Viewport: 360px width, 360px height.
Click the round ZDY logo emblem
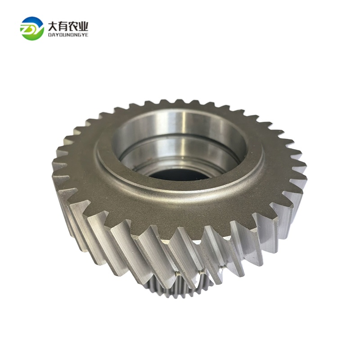pos(32,28)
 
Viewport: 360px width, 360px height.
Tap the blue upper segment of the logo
pos(32,21)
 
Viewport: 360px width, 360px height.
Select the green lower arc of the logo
pos(32,35)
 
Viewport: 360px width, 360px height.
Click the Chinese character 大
pos(52,26)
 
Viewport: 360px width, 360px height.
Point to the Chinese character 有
pos(63,26)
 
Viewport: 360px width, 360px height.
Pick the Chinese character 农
pos(73,26)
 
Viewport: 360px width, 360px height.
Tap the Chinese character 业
pos(83,26)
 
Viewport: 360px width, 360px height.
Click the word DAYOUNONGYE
pos(68,35)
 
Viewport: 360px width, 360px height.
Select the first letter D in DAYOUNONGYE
pos(49,35)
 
